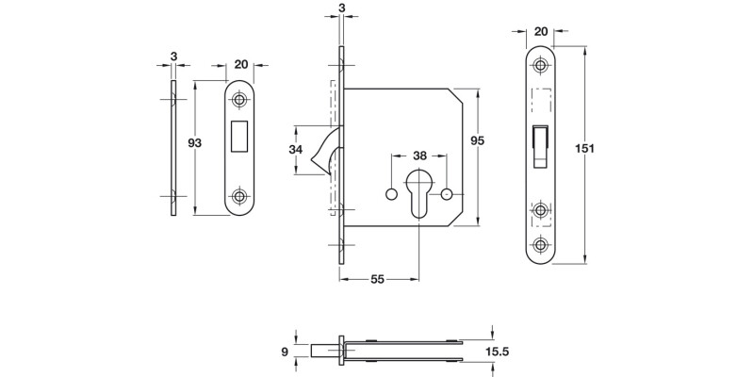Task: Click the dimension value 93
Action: tap(196, 143)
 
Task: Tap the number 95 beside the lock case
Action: tap(478, 140)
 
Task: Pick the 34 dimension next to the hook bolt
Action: tap(296, 150)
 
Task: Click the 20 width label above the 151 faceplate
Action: tap(540, 31)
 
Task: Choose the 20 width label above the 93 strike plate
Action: tap(240, 64)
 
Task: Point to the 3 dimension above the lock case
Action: tap(340, 10)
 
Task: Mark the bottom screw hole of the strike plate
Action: tap(240, 197)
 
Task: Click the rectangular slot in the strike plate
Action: tap(240, 136)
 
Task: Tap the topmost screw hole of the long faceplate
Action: tap(541, 66)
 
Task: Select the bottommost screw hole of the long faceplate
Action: tap(541, 243)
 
